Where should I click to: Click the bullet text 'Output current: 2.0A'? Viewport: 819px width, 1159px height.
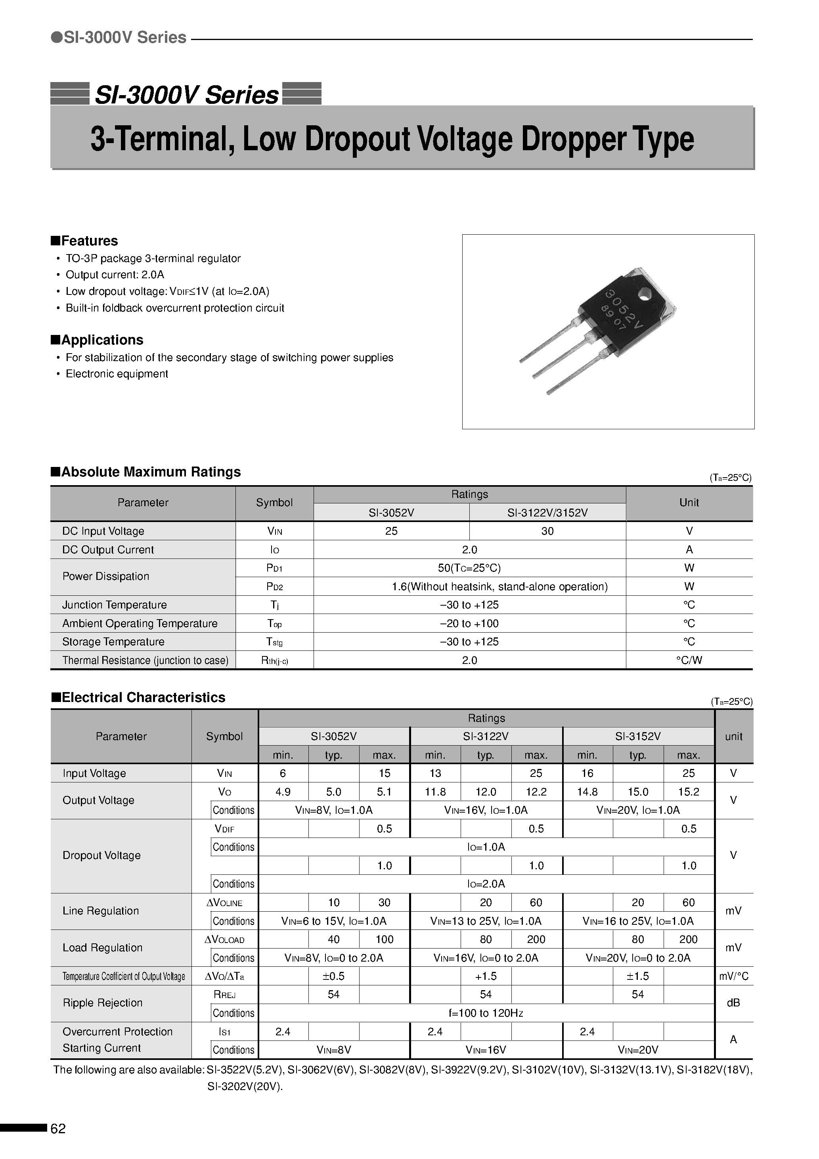click(x=115, y=275)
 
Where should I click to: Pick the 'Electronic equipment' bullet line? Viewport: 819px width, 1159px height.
click(x=117, y=374)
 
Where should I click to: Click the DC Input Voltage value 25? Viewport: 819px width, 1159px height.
click(x=391, y=531)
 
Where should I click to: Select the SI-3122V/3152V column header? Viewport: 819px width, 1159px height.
click(x=547, y=513)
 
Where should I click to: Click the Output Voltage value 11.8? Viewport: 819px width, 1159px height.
click(x=435, y=792)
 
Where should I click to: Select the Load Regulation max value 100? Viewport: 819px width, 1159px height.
click(x=384, y=939)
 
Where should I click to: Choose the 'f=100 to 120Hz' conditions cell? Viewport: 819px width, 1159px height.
click(x=486, y=1013)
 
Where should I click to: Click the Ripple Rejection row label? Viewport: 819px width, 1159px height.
click(x=103, y=1003)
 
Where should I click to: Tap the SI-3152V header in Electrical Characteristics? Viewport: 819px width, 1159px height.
click(x=638, y=736)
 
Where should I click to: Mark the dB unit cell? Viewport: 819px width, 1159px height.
click(x=733, y=1003)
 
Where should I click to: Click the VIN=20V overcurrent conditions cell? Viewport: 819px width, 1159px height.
click(x=638, y=1050)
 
